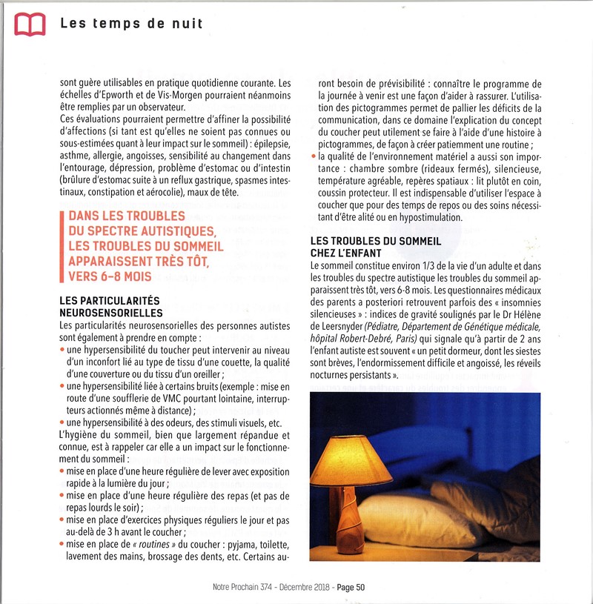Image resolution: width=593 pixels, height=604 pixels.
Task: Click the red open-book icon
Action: point(30,25)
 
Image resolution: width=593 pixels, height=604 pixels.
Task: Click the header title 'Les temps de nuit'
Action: point(131,24)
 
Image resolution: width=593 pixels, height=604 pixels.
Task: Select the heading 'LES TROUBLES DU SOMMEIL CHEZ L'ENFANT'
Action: point(376,248)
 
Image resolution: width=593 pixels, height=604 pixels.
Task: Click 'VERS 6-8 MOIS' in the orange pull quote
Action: point(110,276)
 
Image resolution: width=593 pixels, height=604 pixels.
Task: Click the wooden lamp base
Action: point(351,520)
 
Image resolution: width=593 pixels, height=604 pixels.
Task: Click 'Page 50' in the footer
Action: point(351,588)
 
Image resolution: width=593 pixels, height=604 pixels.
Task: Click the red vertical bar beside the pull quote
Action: point(62,246)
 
